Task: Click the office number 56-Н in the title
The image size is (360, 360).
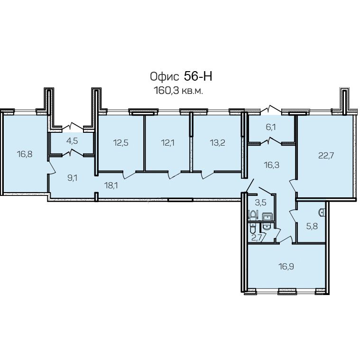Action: pos(198,76)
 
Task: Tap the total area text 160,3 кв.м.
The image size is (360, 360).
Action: pos(178,91)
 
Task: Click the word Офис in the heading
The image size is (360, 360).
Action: pos(164,77)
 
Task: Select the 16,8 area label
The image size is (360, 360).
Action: pos(25,154)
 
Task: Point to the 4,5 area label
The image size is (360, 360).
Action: pos(72,141)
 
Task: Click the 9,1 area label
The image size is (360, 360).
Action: pos(73,178)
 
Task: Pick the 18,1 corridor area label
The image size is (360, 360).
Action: pos(111,185)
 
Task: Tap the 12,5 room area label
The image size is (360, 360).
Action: pos(121,143)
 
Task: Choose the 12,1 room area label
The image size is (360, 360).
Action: pos(168,143)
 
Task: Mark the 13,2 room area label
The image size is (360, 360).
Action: pos(217,143)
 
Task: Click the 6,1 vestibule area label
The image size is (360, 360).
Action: pos(271,127)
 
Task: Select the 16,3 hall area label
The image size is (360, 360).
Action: pos(272,165)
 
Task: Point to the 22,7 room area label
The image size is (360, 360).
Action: pos(326,156)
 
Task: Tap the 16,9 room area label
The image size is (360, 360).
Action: pos(286,267)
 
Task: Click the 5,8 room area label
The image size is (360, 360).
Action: pos(312,226)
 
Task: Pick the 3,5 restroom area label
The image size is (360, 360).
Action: pos(260,203)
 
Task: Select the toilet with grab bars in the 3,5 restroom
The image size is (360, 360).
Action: pos(253,215)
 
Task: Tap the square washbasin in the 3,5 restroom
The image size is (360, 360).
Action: pos(267,216)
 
